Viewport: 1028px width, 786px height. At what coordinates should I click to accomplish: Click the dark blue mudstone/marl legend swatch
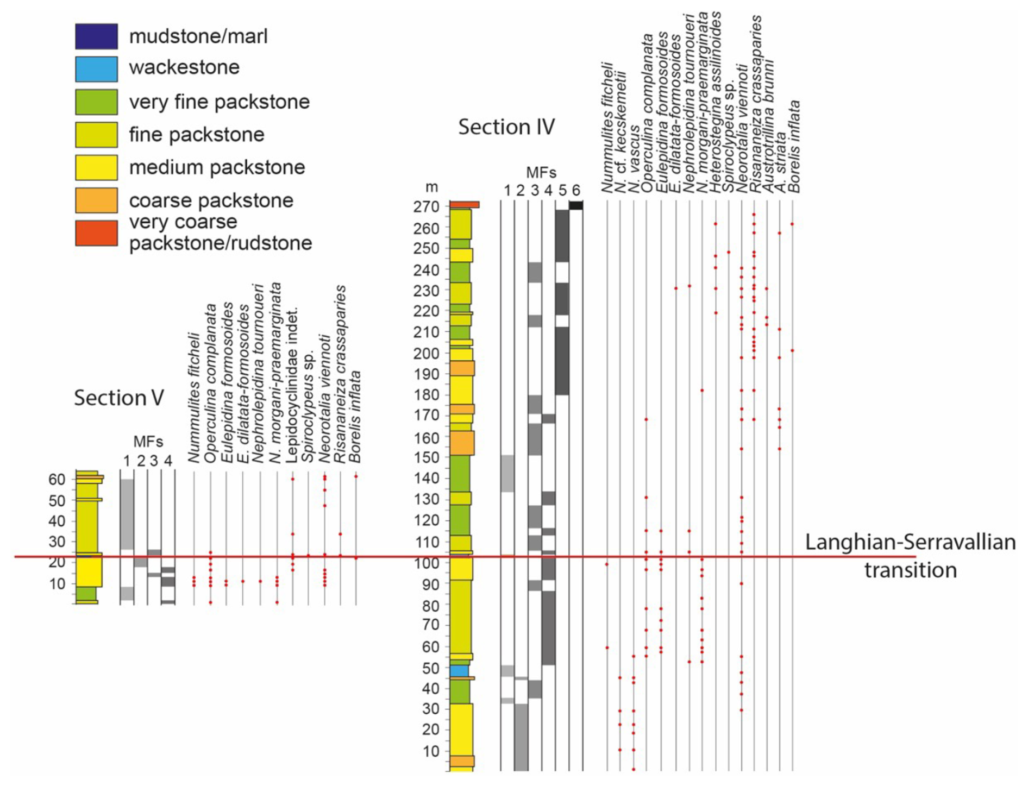[x=96, y=36]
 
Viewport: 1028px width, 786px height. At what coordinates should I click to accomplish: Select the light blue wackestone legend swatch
[x=96, y=69]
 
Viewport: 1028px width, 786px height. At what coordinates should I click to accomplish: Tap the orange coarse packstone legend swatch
[x=96, y=200]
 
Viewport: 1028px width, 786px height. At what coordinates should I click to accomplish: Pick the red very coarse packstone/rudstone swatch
[x=96, y=232]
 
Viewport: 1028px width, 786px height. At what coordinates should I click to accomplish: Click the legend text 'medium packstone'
[x=217, y=167]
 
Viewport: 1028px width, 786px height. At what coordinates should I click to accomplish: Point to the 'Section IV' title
[x=506, y=127]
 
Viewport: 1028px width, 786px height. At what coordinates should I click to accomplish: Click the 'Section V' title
[x=118, y=398]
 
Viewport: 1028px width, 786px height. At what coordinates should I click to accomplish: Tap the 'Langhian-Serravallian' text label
[x=910, y=542]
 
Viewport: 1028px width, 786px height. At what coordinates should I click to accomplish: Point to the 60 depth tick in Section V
[x=57, y=480]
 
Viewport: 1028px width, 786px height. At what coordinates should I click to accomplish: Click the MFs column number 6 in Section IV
[x=576, y=191]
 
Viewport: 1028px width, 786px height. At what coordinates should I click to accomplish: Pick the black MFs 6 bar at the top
[x=576, y=205]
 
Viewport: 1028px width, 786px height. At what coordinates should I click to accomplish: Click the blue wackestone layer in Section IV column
[x=459, y=671]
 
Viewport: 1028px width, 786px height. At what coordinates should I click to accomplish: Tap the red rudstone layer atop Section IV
[x=464, y=205]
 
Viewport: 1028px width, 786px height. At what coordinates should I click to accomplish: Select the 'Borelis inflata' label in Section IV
[x=795, y=147]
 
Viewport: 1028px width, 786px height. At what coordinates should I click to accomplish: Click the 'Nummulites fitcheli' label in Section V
[x=194, y=398]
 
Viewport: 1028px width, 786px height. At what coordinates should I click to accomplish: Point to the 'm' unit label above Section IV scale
[x=431, y=187]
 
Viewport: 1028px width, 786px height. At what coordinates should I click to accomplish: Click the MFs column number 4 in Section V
[x=168, y=461]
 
